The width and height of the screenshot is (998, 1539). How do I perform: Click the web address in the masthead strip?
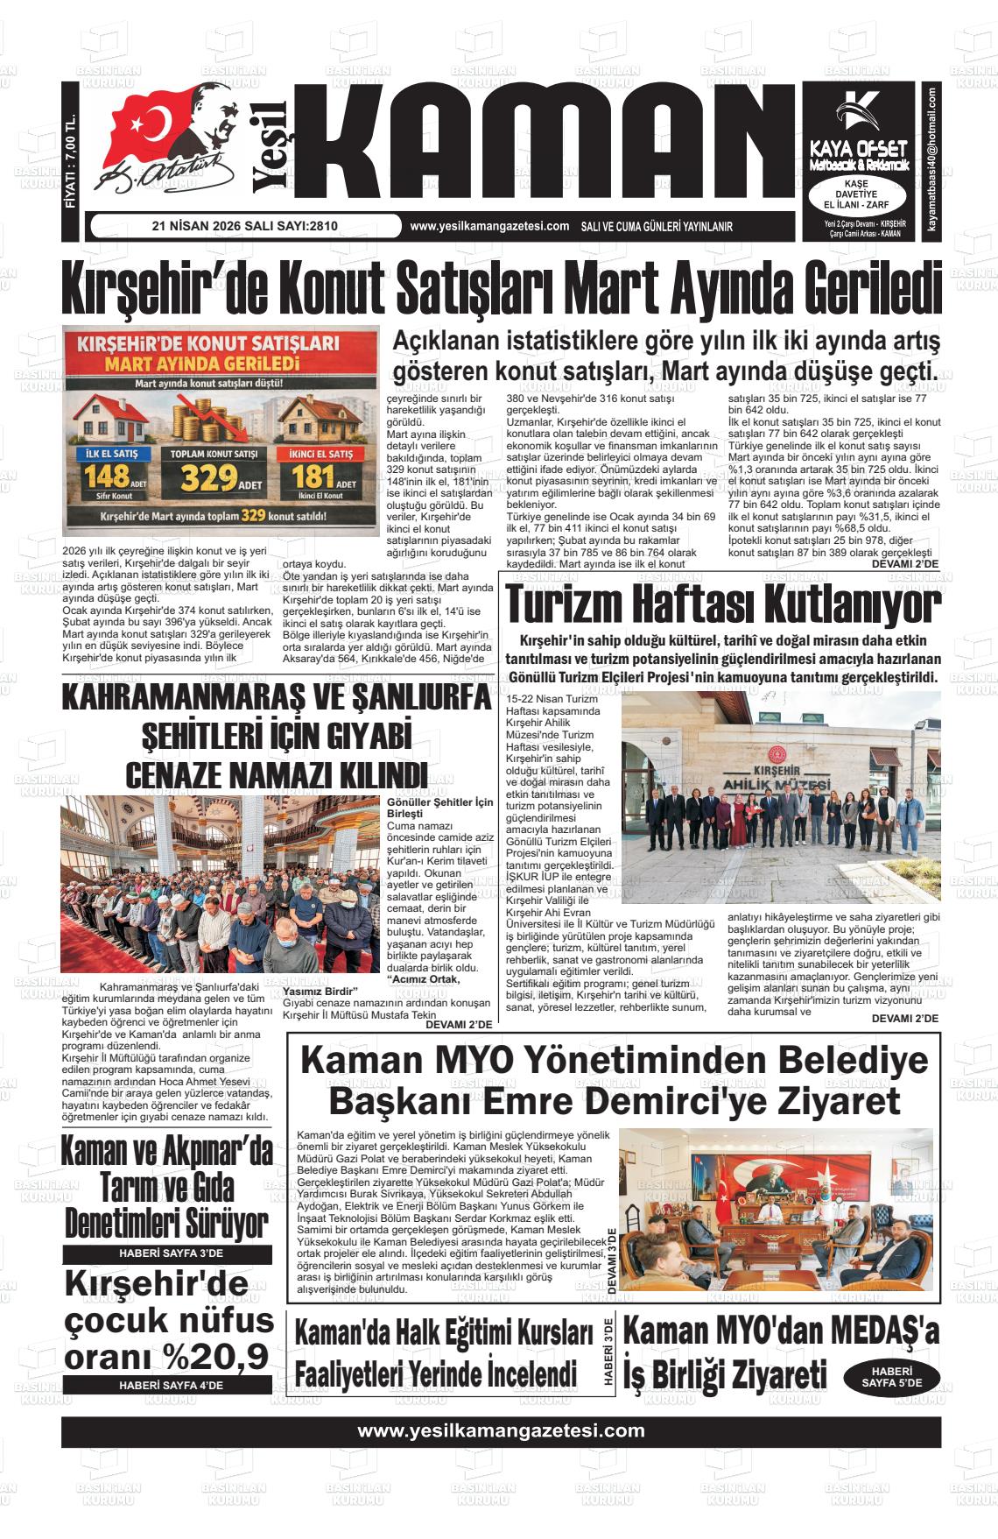pos(489,226)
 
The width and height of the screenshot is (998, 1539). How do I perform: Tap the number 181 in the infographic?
pos(313,477)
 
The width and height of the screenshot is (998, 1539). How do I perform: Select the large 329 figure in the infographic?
pos(208,478)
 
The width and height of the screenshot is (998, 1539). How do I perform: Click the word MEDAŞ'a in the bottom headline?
pos(870,1332)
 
